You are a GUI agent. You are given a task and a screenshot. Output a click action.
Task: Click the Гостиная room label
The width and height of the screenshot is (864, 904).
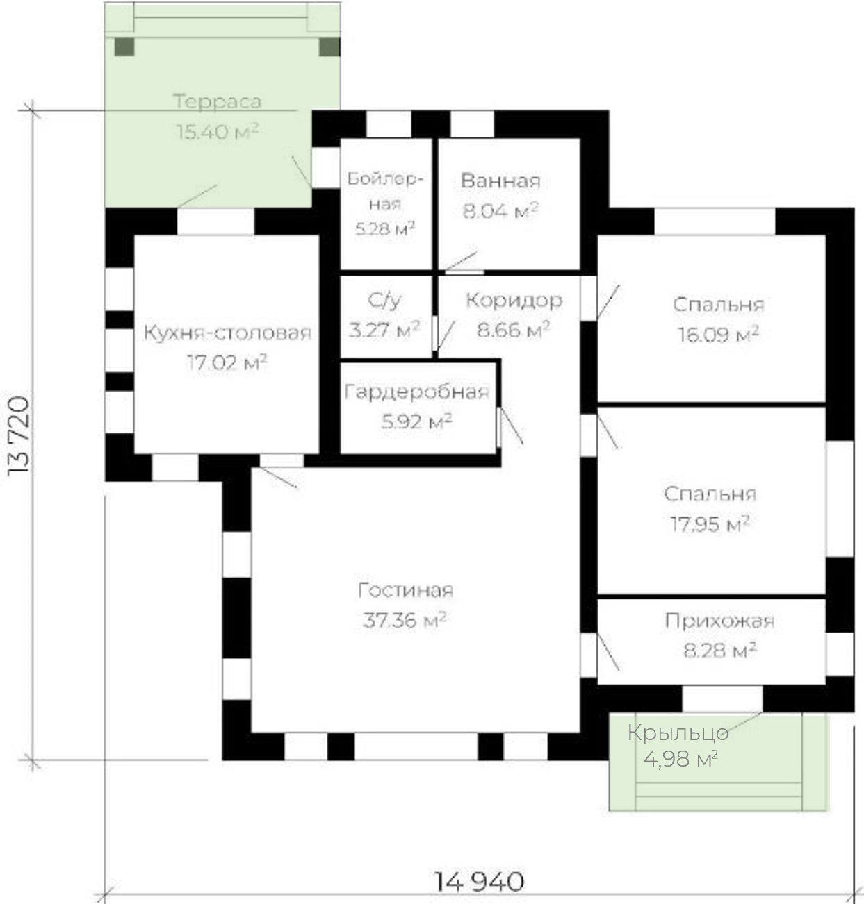click(405, 590)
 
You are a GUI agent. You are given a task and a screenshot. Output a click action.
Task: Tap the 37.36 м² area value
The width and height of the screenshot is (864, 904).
click(404, 620)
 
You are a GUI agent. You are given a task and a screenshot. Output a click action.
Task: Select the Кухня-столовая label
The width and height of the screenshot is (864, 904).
click(227, 333)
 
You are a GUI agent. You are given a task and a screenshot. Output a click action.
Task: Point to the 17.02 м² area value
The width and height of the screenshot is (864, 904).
click(227, 362)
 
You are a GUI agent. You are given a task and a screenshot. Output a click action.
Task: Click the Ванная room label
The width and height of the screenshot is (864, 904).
click(501, 181)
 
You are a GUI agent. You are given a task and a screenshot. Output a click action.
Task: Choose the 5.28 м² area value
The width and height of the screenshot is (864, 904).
click(385, 228)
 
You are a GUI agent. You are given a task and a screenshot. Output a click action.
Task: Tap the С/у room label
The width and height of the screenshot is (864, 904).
click(384, 301)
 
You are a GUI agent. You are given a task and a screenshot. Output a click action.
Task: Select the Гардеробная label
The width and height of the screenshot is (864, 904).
click(416, 392)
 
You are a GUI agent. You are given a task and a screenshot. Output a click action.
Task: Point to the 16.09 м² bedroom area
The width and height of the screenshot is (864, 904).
click(718, 334)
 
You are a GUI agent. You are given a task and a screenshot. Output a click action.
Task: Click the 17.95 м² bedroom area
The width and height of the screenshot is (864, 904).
click(710, 524)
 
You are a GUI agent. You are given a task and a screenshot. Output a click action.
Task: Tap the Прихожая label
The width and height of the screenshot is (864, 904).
click(720, 621)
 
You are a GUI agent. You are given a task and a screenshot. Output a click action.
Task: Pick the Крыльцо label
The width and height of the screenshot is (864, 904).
click(678, 733)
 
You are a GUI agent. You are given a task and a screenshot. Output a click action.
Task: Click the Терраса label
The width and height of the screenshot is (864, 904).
click(217, 102)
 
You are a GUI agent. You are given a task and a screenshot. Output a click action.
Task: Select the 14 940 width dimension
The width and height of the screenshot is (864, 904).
click(479, 881)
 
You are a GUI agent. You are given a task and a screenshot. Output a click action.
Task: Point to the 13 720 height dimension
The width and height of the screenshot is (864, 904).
click(19, 435)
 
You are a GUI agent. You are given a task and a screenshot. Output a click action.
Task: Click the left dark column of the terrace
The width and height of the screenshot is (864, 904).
click(124, 47)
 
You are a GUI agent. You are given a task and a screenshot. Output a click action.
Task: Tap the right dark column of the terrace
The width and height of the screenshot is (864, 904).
click(329, 47)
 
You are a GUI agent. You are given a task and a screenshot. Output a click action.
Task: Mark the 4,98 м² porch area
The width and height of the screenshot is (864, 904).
click(680, 760)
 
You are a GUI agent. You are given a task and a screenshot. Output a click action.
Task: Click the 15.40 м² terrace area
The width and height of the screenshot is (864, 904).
click(217, 131)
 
